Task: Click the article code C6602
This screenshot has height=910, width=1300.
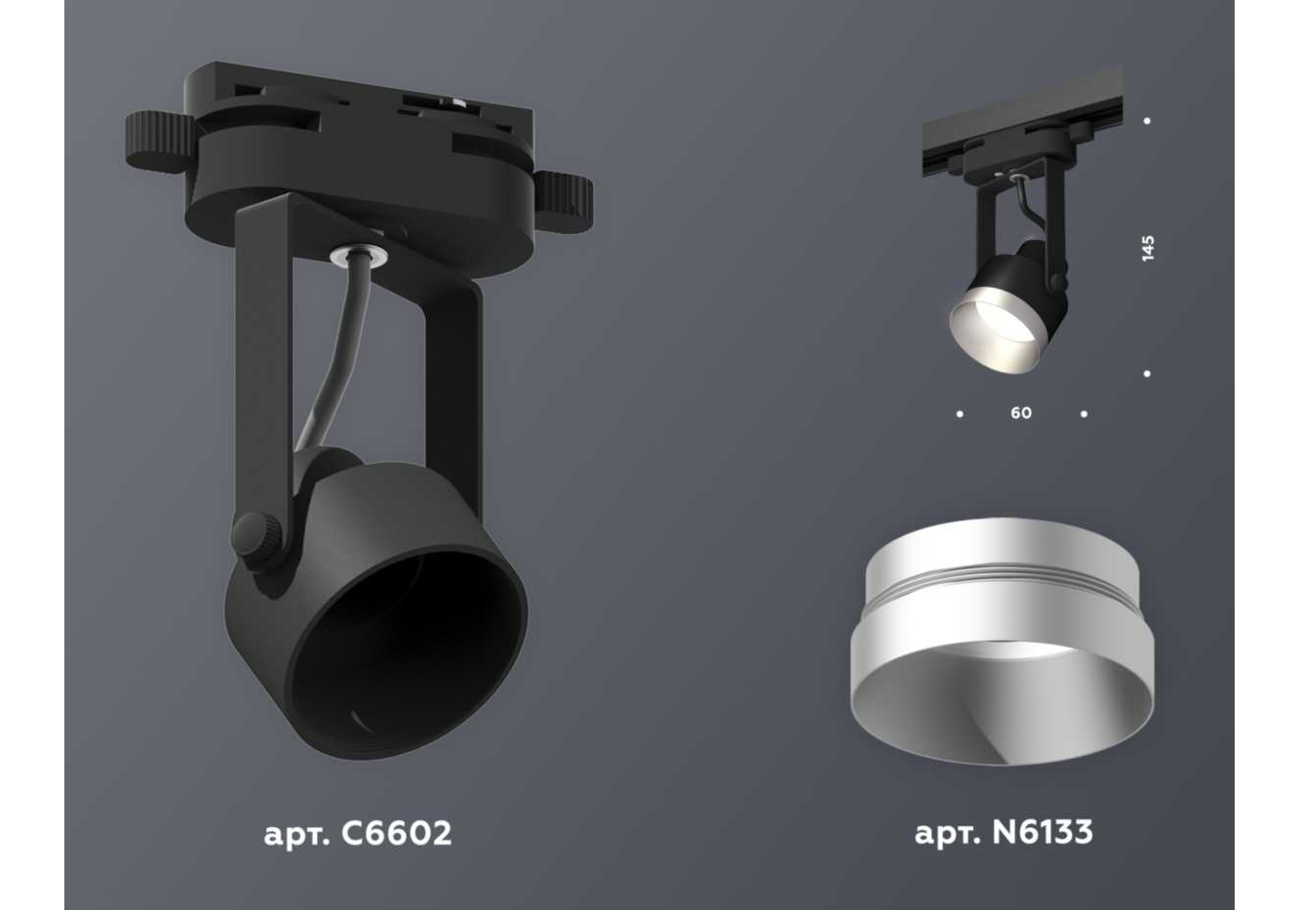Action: [396, 833]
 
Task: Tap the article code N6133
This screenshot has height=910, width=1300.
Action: [1043, 832]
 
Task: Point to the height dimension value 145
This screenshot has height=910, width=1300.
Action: [1147, 249]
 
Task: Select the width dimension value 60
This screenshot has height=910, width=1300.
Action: [1021, 413]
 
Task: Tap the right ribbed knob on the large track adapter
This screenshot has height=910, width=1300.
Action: [564, 200]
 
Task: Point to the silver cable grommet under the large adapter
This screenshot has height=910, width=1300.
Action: [358, 256]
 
